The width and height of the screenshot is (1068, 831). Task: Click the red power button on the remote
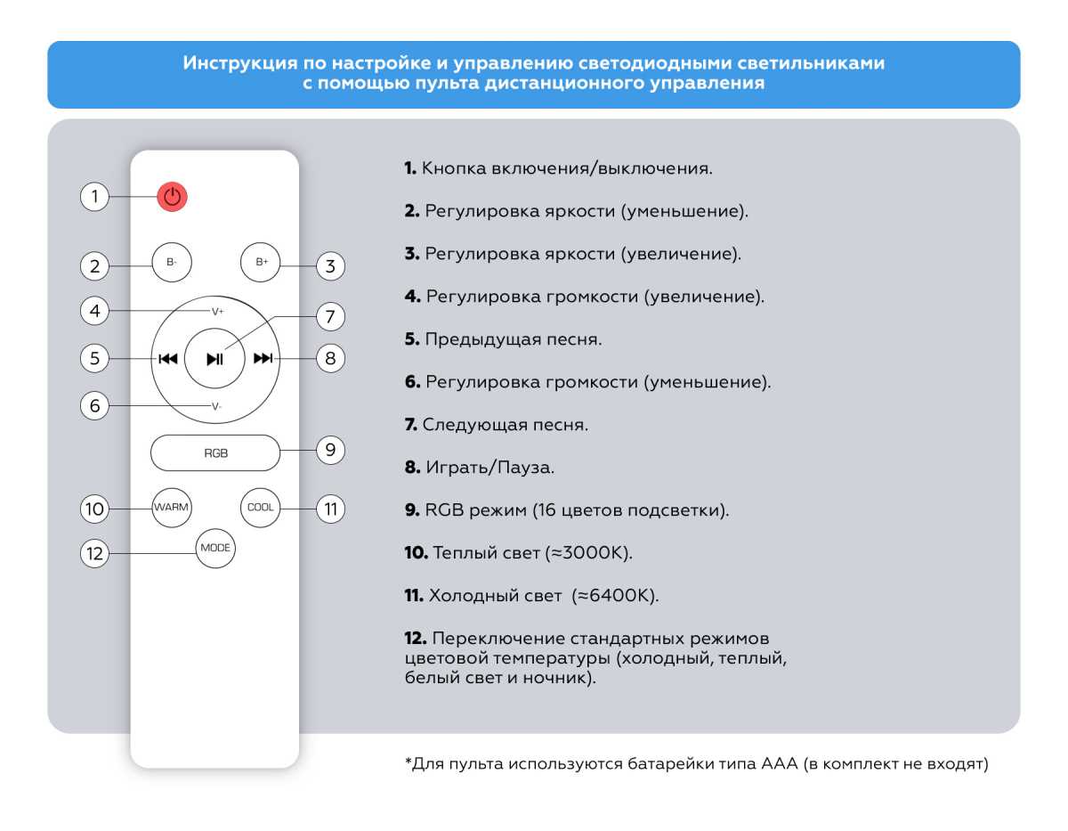click(x=173, y=197)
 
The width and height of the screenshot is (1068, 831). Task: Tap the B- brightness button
click(x=172, y=262)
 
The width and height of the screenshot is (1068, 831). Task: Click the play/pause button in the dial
click(x=214, y=359)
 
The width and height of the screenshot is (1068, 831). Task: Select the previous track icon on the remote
click(x=167, y=359)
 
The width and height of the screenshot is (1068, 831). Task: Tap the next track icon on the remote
click(x=263, y=359)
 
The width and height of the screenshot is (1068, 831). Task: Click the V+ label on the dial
click(x=218, y=312)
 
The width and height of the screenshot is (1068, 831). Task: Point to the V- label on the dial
click(x=217, y=406)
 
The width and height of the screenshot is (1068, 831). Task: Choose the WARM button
click(x=171, y=507)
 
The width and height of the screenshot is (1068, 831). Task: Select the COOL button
click(x=261, y=507)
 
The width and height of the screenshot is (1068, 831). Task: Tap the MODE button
click(x=215, y=548)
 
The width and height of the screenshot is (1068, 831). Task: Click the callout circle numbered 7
click(x=330, y=316)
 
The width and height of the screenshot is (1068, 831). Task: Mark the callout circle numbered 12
click(x=94, y=554)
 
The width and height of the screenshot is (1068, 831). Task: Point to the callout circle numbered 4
click(x=94, y=312)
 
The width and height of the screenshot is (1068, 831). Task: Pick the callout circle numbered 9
click(x=330, y=451)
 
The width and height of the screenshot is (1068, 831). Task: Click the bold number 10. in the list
click(x=416, y=553)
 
